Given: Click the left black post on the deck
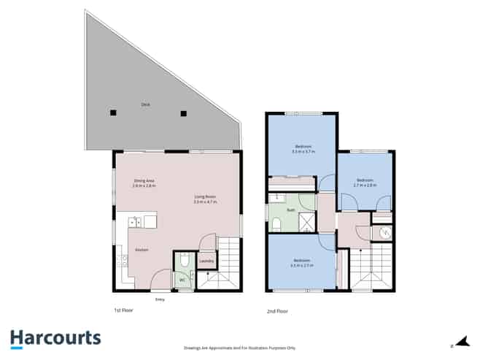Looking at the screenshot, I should pos(113,112).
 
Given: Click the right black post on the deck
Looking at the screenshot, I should pos(184,112).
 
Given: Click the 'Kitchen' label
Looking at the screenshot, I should pos(142,250).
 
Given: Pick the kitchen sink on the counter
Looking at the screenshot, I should pos(135,221).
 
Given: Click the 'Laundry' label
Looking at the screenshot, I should pos(206,261).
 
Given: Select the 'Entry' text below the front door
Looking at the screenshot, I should pos(159,299).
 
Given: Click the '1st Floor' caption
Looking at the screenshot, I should pos(123,310).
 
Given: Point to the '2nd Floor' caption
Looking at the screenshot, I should pos(277,312).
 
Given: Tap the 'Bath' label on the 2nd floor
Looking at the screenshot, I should pos(290,210).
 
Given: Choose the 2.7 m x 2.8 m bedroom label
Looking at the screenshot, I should pos(365,183).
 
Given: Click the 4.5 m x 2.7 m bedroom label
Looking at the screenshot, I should pos(301,263).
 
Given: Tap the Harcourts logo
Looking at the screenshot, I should pos(55,338).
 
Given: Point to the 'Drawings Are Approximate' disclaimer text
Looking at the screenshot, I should pos(240,348).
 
